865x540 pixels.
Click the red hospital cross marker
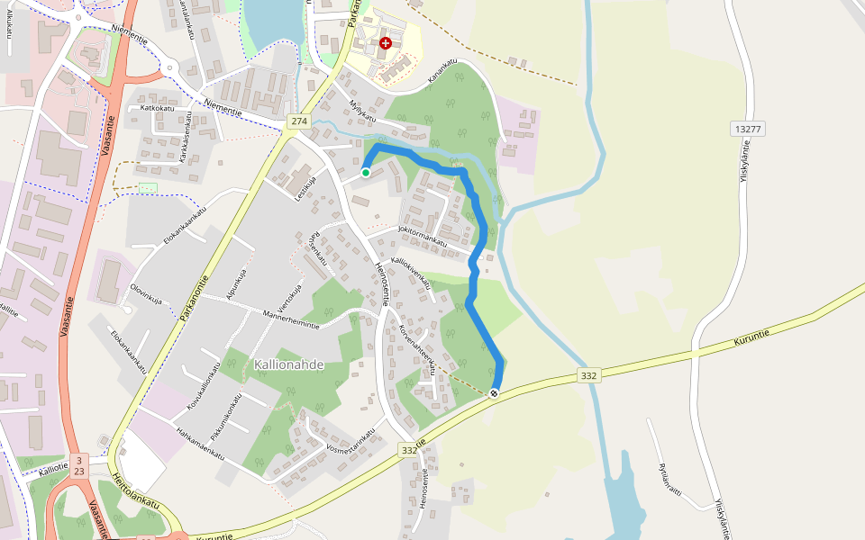[x=386, y=43]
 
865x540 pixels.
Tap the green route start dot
[x=366, y=172]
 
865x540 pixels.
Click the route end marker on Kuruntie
[x=494, y=393]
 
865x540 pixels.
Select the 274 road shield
[x=299, y=121]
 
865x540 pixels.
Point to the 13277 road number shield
[x=748, y=130]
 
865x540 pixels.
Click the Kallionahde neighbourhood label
[x=288, y=364]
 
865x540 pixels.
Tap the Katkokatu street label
[x=157, y=108]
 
